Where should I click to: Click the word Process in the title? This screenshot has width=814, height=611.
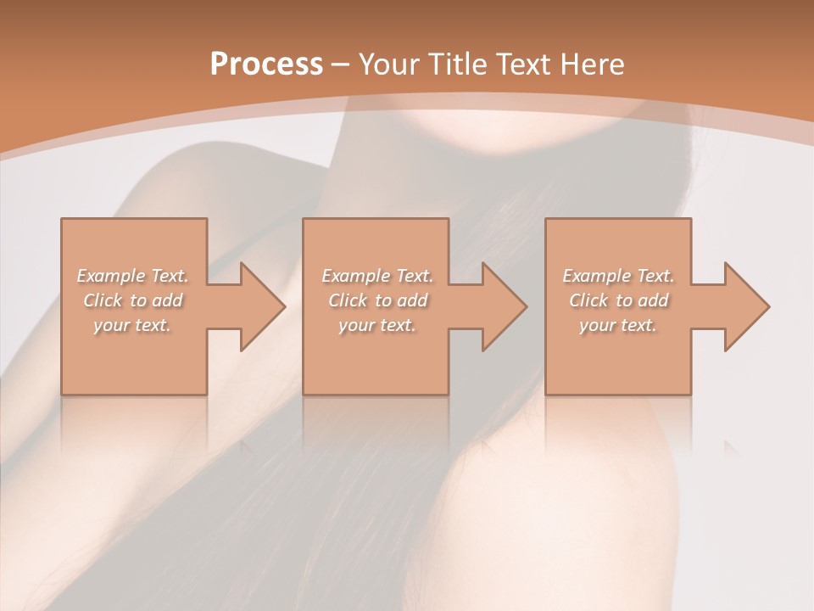(x=266, y=64)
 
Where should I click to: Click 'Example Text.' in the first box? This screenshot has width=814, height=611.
(x=133, y=276)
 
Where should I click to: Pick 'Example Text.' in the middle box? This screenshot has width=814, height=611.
(x=377, y=276)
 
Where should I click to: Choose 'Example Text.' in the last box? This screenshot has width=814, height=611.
(x=618, y=276)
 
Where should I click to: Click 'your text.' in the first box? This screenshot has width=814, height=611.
(x=132, y=325)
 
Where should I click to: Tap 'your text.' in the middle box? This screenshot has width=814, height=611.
(x=376, y=325)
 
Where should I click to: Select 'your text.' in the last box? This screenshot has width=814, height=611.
(x=618, y=325)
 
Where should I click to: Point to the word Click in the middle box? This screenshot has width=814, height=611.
(x=348, y=300)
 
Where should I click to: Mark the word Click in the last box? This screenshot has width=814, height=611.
(x=588, y=300)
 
